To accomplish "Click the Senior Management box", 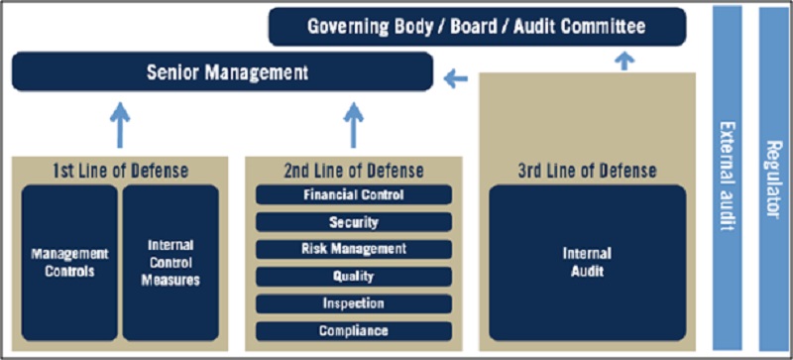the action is point(222,71).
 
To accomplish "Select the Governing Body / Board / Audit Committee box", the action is point(477,27).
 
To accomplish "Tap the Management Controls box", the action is point(69,262).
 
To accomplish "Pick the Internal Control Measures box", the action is point(170,262).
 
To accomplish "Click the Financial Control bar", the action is point(354,194).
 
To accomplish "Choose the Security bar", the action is point(354,222).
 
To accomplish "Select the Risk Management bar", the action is point(354,249).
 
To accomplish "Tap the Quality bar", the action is point(354,277).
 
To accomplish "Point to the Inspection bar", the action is point(354,303).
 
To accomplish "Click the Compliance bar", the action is point(354,331).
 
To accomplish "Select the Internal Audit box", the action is point(588,262).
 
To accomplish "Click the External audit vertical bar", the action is point(728,178).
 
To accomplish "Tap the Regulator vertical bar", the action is point(774,178).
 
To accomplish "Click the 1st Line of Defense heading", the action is point(120,171).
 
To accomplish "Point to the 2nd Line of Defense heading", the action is point(354,171).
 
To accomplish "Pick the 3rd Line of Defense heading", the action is point(587,171).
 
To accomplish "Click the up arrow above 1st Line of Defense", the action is point(120,125).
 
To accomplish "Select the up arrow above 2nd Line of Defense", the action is point(354,125).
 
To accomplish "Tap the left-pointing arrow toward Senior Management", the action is point(456,78).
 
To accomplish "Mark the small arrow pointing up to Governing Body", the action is point(625,60).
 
